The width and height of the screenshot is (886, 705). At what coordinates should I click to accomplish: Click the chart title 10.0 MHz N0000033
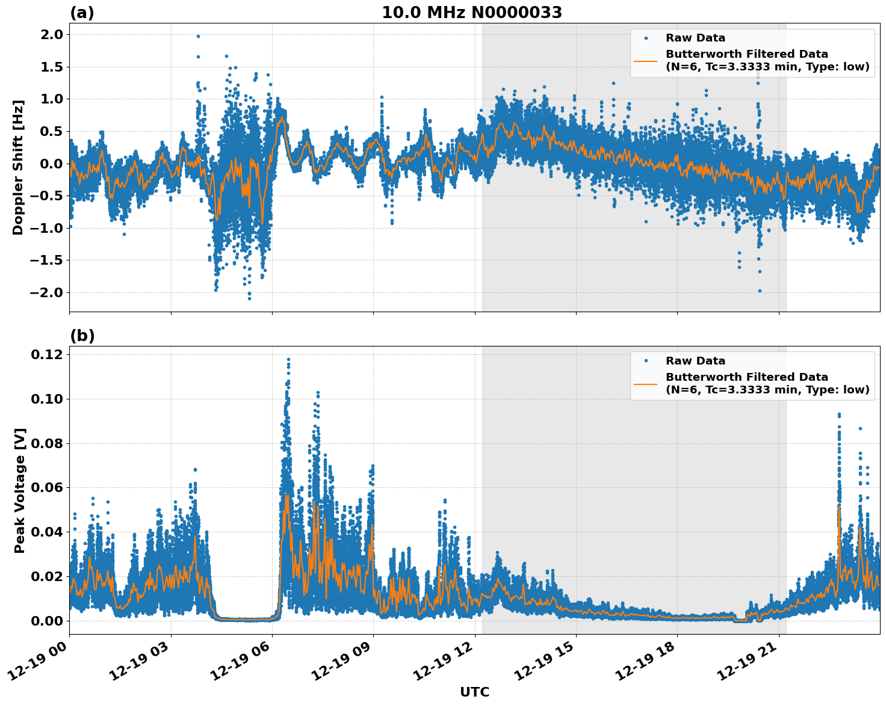point(472,13)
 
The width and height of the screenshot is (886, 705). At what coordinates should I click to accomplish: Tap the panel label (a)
point(82,13)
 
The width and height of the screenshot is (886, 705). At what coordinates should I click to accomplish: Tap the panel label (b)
point(82,336)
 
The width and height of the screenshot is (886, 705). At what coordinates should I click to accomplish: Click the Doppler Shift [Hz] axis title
point(18,167)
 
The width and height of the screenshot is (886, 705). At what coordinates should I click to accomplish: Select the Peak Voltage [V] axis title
point(20,490)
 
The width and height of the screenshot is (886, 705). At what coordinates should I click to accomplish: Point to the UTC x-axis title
point(474,692)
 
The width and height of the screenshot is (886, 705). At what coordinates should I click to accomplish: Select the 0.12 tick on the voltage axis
point(48,355)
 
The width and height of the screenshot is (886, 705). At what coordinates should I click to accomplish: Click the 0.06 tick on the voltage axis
point(48,488)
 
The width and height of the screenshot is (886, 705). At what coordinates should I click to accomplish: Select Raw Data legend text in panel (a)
point(695,38)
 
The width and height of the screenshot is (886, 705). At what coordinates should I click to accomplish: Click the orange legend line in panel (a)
point(645,60)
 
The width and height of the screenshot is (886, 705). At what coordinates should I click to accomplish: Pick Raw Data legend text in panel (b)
point(695,361)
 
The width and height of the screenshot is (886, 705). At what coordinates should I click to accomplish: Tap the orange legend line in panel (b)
point(645,383)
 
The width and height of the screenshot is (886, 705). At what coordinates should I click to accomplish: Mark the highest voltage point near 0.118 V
point(288,360)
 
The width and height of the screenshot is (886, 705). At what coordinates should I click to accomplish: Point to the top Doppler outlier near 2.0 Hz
point(198,36)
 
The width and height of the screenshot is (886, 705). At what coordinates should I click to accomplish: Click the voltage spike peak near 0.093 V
point(839,414)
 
